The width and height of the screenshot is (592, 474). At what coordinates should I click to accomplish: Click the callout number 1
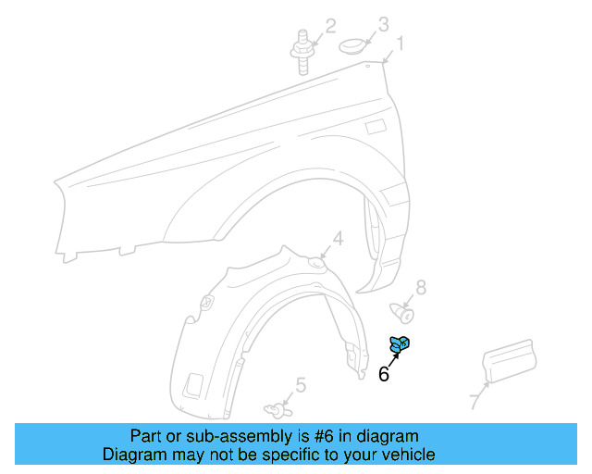(x=401, y=43)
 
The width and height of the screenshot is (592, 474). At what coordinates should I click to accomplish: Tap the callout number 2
(x=329, y=26)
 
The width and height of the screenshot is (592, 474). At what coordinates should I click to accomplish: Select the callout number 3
(x=382, y=23)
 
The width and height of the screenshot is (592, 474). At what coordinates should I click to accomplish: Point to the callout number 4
(x=338, y=239)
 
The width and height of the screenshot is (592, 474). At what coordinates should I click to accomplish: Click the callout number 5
(x=301, y=385)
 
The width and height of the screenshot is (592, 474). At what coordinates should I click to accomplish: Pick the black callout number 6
(x=383, y=375)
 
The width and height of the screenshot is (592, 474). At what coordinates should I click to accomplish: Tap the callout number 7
(x=474, y=402)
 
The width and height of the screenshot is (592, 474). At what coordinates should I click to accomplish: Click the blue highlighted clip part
(x=401, y=344)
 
